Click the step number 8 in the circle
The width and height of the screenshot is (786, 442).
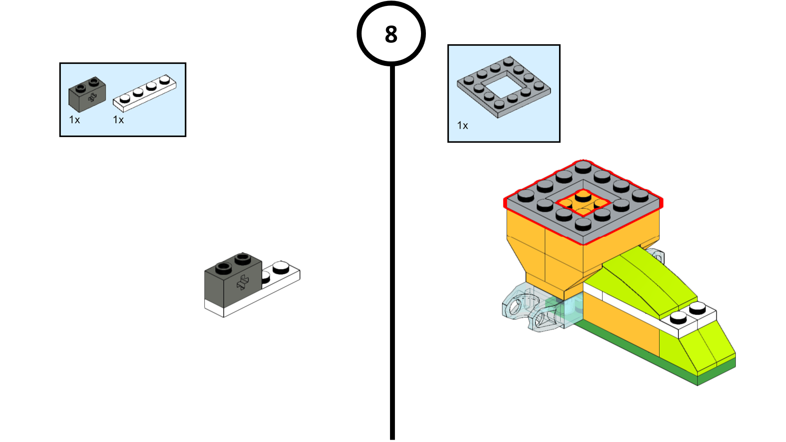tap(391, 34)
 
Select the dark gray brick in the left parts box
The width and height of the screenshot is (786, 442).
tap(87, 94)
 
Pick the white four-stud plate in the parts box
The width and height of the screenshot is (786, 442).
tap(144, 92)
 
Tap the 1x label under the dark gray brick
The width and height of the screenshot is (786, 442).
tap(74, 120)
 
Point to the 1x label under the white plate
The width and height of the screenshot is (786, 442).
tap(118, 120)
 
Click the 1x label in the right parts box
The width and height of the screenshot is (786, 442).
tap(462, 126)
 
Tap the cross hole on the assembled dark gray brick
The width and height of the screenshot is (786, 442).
tap(243, 282)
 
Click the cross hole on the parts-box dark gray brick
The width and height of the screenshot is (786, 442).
tap(92, 98)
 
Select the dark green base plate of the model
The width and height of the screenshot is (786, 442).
tap(639, 354)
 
